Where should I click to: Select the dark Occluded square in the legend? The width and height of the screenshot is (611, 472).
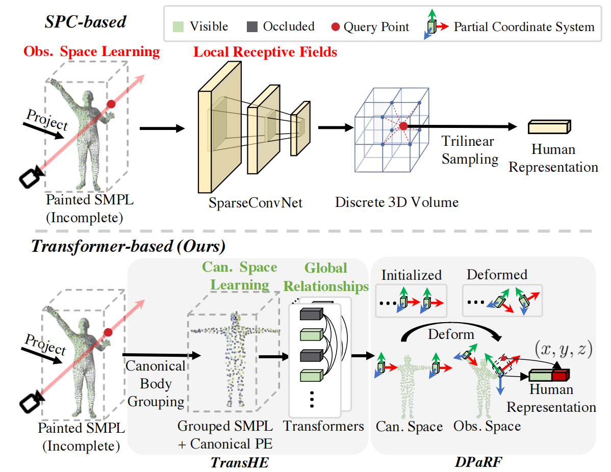coord(252,27)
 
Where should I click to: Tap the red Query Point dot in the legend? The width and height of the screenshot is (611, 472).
coord(335,27)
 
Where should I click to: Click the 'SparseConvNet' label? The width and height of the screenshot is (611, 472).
coord(255,203)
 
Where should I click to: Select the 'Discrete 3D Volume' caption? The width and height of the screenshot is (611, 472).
coord(397,202)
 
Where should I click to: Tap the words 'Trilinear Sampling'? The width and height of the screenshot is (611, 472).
coord(469,150)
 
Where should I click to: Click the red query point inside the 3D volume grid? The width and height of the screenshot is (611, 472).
coord(403,126)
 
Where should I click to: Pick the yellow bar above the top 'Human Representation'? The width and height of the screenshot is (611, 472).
coord(549,126)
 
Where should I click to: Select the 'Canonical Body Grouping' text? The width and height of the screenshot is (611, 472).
coord(156,383)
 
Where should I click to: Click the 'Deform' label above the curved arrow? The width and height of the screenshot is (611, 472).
coord(451,335)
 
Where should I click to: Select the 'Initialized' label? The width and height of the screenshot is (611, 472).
coord(412,275)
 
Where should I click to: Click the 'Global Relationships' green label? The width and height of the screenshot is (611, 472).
coord(326,277)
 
